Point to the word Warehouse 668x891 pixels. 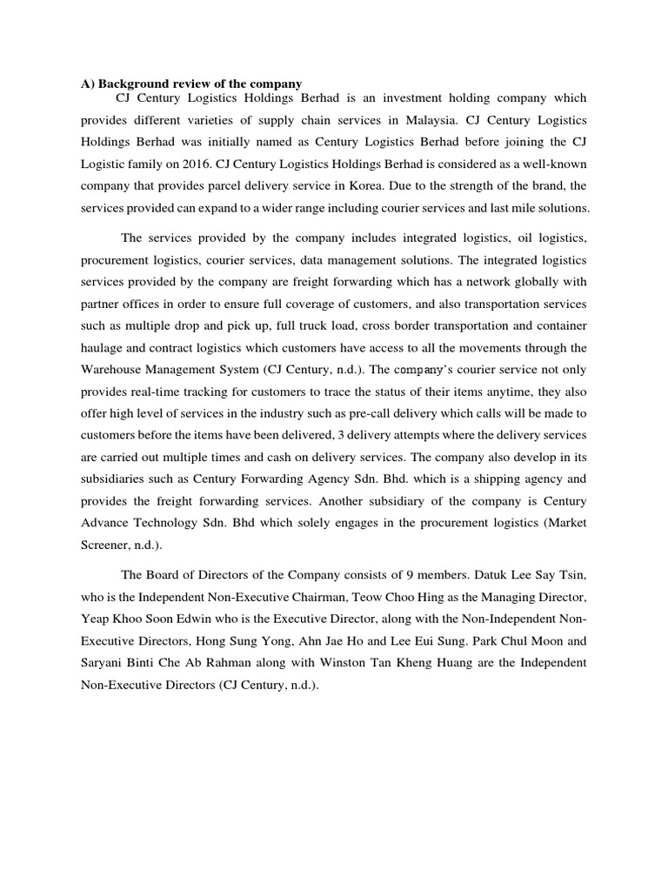111,369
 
